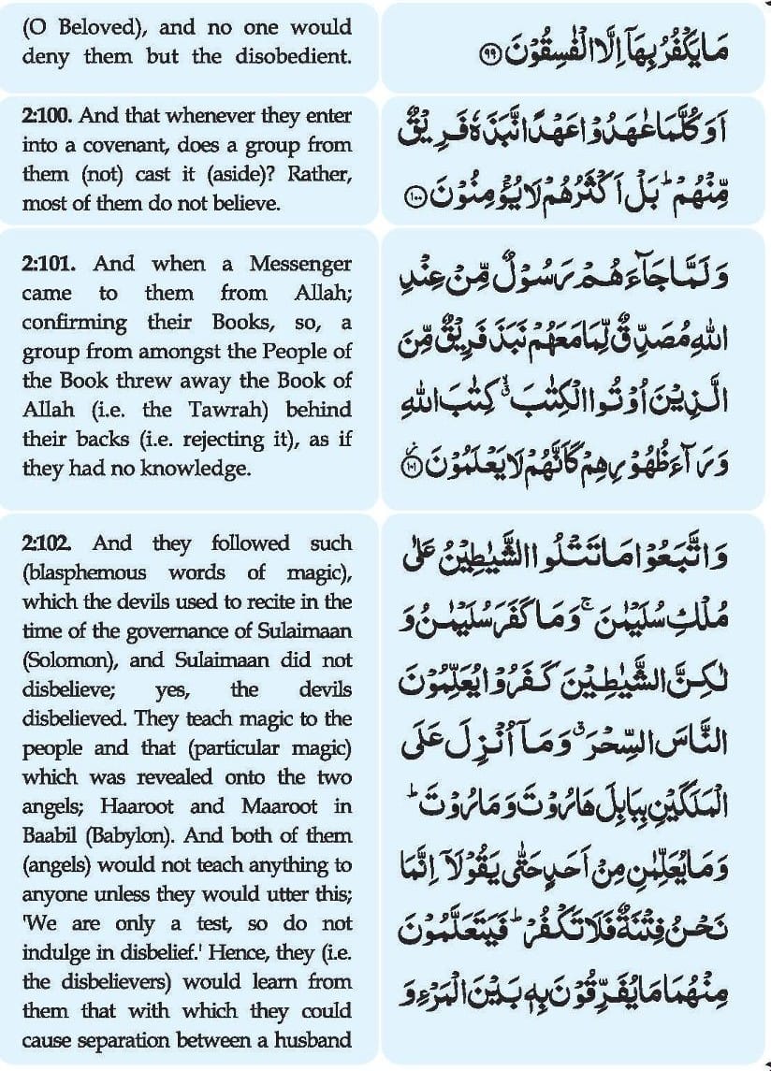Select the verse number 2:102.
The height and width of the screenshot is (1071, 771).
[44, 543]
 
